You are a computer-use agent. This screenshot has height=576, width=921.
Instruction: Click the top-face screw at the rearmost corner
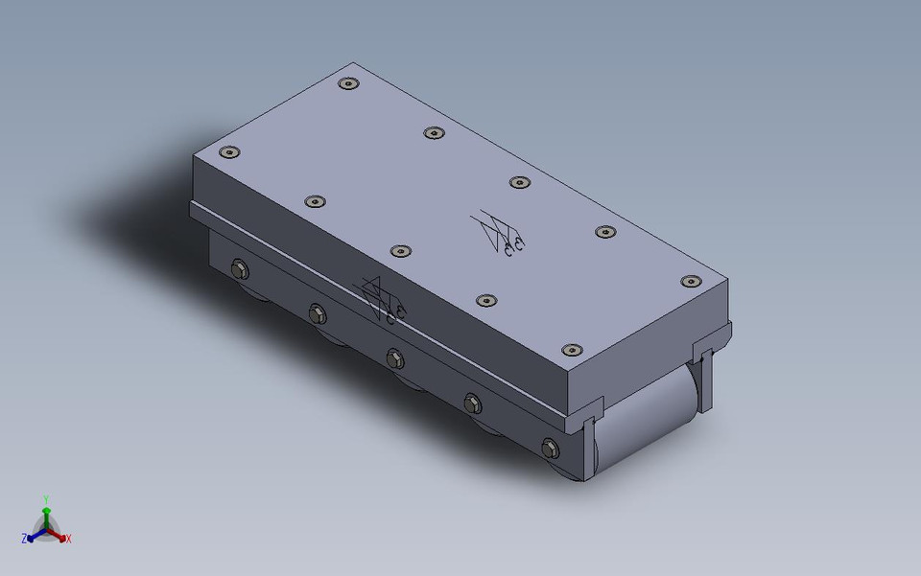click(x=348, y=83)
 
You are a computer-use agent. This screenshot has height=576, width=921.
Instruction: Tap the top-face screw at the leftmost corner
click(x=228, y=152)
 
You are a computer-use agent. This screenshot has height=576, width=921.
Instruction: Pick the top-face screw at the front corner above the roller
click(x=572, y=349)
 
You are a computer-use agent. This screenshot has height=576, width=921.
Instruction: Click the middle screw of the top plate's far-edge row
click(x=518, y=182)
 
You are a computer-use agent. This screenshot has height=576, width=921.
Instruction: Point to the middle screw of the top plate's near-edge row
click(x=401, y=250)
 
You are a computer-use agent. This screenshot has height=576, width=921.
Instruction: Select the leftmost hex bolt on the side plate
click(x=238, y=267)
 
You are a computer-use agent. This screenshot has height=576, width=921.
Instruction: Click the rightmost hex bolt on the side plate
click(x=549, y=446)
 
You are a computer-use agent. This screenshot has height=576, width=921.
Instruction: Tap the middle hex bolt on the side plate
click(x=393, y=357)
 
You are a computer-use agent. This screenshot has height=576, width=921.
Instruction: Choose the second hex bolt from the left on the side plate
click(x=317, y=312)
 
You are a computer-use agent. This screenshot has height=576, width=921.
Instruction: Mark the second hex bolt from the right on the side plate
click(x=472, y=402)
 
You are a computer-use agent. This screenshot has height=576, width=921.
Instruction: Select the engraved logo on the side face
click(x=382, y=298)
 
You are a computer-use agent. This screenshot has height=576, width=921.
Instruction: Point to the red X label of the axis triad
click(x=69, y=540)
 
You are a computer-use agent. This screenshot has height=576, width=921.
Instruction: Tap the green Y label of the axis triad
click(x=46, y=500)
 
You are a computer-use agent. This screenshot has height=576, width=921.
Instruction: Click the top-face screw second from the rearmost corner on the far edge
click(x=434, y=132)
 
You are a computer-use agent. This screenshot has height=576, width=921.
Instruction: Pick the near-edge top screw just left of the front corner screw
click(x=487, y=300)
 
